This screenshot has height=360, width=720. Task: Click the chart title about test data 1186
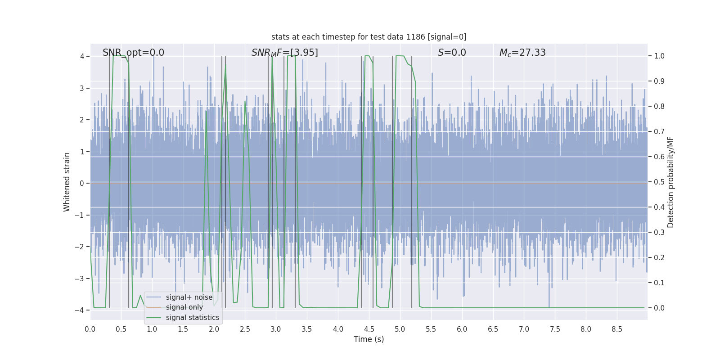369,37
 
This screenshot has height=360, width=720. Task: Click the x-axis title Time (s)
369,339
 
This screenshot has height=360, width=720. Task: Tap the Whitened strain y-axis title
67,182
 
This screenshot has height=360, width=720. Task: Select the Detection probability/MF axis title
670,182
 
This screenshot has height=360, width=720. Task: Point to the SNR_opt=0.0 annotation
133,53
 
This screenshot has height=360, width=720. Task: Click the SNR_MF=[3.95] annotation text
284,53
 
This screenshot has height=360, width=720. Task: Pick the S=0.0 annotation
452,53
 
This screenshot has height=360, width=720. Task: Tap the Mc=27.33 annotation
522,53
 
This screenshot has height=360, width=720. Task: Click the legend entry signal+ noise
189,297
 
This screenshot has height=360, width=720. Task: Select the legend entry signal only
184,307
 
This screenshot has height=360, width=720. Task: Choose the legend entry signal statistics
192,318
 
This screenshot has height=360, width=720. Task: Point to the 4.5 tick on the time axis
369,329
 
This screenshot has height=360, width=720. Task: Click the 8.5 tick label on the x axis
617,329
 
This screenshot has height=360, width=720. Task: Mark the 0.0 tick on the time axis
90,329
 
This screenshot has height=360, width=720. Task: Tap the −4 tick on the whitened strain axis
81,310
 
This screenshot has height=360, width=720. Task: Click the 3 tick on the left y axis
82,88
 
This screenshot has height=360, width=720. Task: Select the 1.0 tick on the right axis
659,56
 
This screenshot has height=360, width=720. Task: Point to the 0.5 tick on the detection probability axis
659,182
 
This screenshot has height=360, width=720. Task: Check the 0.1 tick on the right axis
659,283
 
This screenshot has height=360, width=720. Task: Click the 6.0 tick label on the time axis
462,329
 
